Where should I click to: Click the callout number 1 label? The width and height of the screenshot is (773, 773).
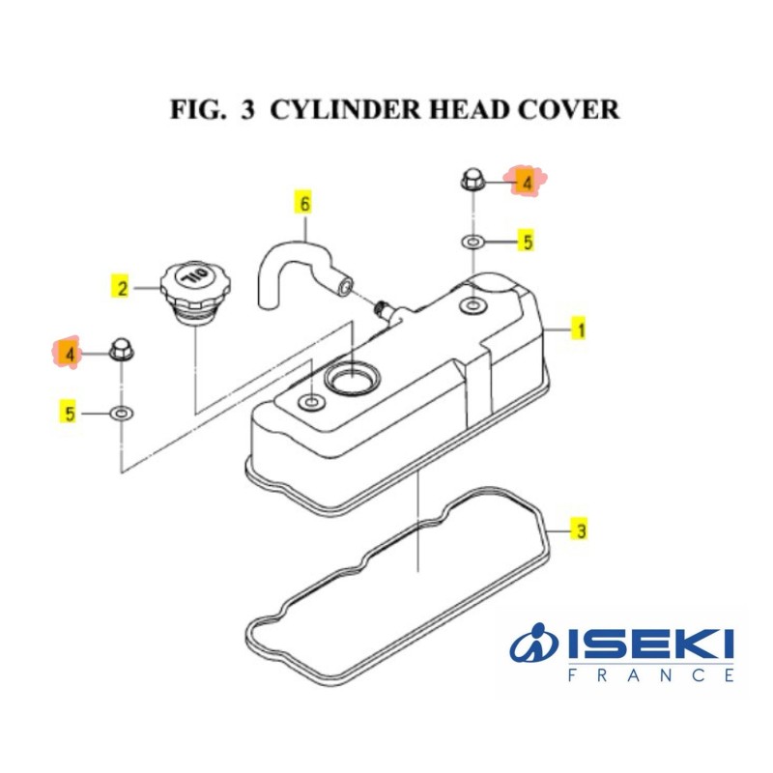pyautogui.click(x=580, y=330)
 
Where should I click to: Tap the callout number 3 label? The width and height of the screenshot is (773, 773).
pyautogui.click(x=580, y=530)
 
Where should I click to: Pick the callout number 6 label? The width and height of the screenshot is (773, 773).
pyautogui.click(x=305, y=204)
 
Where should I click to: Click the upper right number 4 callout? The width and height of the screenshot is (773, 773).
pyautogui.click(x=528, y=181)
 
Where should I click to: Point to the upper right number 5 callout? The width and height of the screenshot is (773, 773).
pyautogui.click(x=528, y=242)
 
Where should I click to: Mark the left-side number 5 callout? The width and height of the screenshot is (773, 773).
pyautogui.click(x=70, y=414)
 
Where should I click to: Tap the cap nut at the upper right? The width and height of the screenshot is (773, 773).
pyautogui.click(x=471, y=181)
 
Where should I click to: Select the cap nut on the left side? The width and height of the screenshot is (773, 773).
pyautogui.click(x=122, y=350)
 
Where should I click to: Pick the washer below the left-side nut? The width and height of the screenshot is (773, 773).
pyautogui.click(x=122, y=414)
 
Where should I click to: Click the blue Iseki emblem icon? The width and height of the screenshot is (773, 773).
pyautogui.click(x=534, y=646)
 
